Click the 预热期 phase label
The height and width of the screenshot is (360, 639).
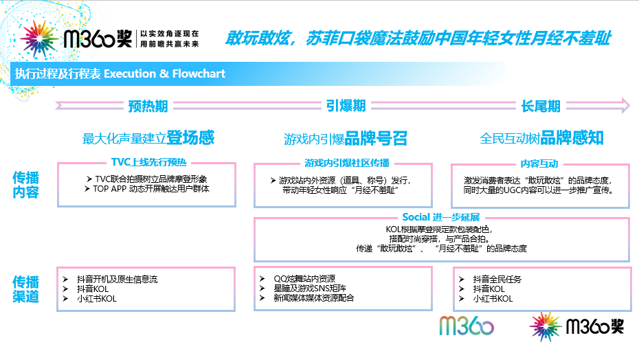(148, 106)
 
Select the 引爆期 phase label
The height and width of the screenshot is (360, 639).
(346, 106)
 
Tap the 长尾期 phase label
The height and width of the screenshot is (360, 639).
(541, 106)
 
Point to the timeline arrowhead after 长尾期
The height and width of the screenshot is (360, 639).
(625, 106)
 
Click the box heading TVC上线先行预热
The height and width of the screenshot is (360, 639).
(148, 162)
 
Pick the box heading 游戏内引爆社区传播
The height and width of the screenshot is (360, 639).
(347, 163)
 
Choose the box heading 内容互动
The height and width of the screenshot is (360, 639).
(539, 164)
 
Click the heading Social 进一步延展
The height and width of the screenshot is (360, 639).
(441, 217)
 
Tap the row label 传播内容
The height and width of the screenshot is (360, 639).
(25, 185)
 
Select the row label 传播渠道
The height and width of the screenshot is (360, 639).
(25, 289)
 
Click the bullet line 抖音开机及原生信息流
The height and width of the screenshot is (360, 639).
(117, 280)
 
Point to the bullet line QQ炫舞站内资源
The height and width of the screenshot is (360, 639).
(304, 278)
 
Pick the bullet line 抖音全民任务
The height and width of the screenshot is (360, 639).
(497, 280)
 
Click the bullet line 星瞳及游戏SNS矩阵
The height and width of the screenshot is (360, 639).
(310, 289)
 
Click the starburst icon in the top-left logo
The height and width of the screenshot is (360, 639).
(39, 38)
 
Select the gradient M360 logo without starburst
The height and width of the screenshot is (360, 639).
(467, 326)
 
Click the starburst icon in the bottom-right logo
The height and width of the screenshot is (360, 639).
(546, 326)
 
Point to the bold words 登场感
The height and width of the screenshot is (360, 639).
(190, 138)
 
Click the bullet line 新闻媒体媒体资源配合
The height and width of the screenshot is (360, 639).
(314, 298)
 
